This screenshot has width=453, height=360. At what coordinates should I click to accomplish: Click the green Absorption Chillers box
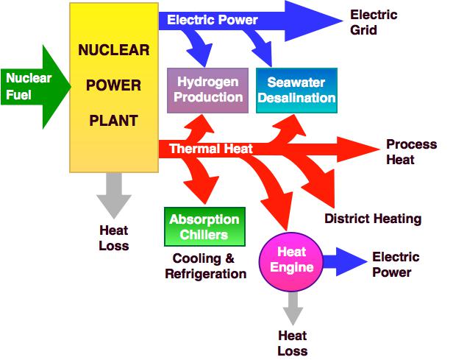(204, 227)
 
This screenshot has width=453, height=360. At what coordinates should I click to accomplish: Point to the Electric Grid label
(373, 23)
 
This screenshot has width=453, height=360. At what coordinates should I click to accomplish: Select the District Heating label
(373, 219)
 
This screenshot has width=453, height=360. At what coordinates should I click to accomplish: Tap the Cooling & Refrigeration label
(205, 266)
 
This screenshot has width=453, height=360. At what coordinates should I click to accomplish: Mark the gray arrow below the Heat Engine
(292, 306)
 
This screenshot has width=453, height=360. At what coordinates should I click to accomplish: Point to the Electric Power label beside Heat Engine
(396, 264)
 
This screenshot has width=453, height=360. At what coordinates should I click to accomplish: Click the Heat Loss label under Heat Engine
(292, 343)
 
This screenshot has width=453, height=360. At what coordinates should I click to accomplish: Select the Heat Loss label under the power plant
(113, 238)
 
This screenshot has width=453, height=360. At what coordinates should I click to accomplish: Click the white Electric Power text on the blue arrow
(213, 21)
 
